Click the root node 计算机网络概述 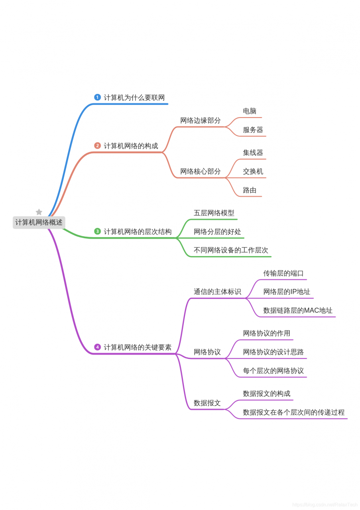39,222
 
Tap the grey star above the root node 39,212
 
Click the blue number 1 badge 97,97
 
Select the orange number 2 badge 97,146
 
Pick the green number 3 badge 97,231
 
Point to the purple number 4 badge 97,347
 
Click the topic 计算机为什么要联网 134,98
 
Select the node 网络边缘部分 200,120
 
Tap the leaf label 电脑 250,111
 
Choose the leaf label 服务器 253,130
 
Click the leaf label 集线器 253,153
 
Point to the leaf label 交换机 253,171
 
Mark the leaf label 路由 250,190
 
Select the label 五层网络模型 214,213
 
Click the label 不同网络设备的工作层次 231,250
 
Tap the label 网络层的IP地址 287,292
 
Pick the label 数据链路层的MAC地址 298,310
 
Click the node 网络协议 207,352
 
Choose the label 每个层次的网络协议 273,371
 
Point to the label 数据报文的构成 266,394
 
